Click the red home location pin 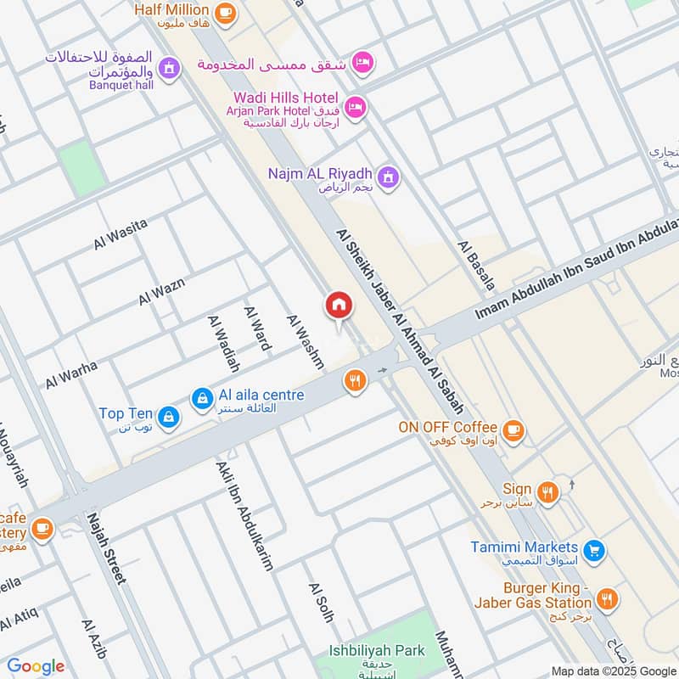(338, 306)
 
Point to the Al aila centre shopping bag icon (202, 397)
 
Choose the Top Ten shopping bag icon (169, 416)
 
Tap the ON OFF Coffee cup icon (513, 430)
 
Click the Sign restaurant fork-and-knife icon (548, 491)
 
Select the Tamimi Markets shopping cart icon (595, 550)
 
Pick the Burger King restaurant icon (606, 600)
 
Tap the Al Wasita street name (121, 234)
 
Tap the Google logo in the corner (36, 666)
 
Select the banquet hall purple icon (169, 66)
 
